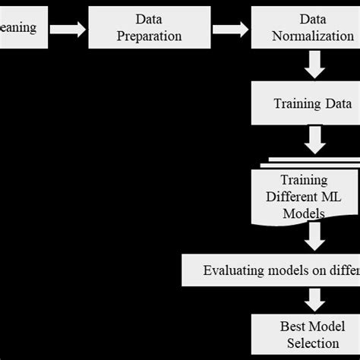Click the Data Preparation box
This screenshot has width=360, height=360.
click(x=150, y=28)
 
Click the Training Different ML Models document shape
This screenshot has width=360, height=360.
click(x=305, y=196)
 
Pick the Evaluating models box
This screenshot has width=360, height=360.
click(x=273, y=270)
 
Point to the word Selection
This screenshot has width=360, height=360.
click(x=312, y=343)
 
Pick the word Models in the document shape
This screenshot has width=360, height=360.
click(x=304, y=213)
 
